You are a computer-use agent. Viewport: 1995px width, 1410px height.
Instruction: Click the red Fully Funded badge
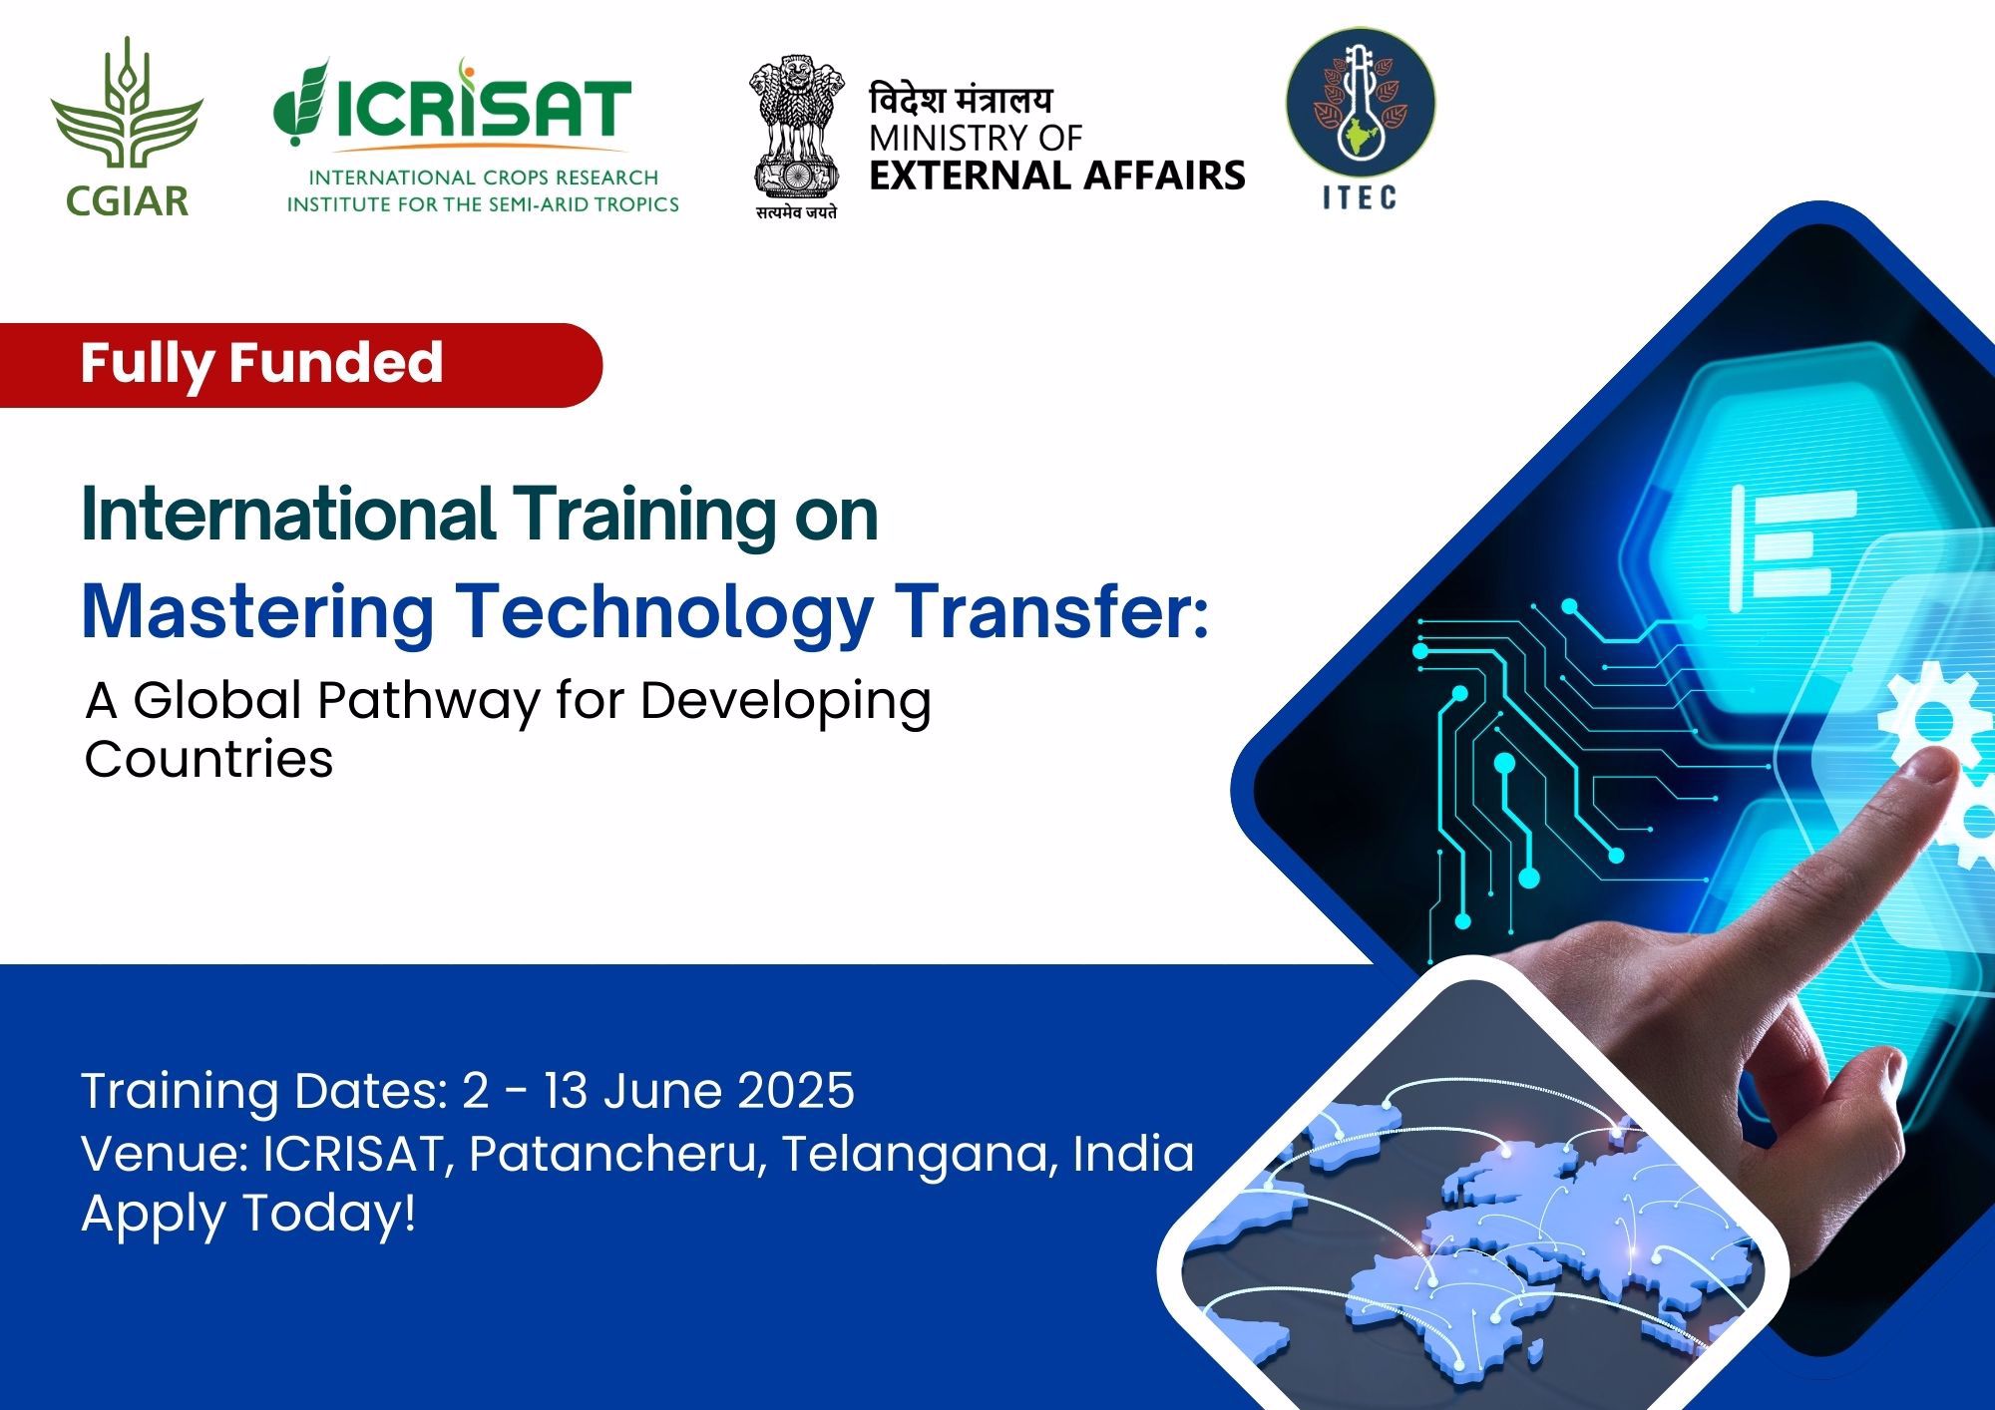300,364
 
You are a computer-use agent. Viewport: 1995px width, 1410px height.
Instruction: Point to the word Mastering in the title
257,612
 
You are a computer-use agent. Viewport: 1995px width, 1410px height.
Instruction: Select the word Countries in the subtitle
208,759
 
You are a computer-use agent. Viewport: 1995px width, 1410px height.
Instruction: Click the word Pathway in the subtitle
428,702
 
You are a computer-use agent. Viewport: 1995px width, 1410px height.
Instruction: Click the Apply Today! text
248,1216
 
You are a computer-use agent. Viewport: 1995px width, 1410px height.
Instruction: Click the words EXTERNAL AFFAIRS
1057,176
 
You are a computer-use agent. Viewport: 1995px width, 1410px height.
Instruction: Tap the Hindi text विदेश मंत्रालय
961,100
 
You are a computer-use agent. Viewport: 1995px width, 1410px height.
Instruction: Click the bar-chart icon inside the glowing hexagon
1791,544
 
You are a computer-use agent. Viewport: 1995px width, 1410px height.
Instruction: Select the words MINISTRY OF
976,138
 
